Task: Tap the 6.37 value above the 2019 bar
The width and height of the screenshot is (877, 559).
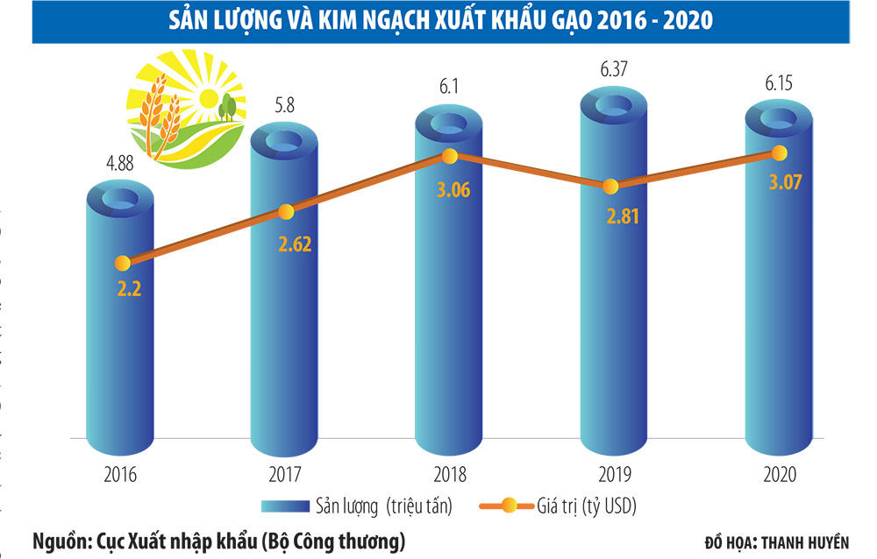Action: tap(611, 66)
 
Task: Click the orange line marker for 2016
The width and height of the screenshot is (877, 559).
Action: tap(123, 262)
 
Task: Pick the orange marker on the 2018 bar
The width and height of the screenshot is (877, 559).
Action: tap(449, 156)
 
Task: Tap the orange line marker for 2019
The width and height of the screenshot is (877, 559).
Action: tap(612, 186)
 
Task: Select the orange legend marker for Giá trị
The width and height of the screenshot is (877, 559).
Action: tap(516, 506)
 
